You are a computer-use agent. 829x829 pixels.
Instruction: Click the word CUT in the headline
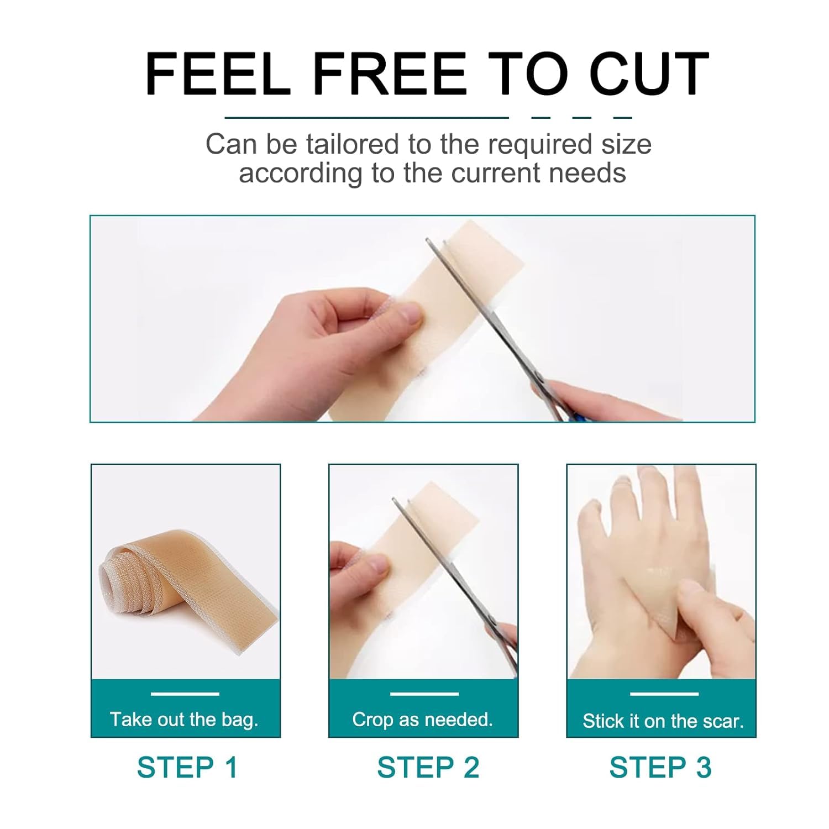pyautogui.click(x=649, y=74)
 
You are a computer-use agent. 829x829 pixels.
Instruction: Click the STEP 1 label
pyautogui.click(x=187, y=767)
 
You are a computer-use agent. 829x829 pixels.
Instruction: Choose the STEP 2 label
pyautogui.click(x=428, y=767)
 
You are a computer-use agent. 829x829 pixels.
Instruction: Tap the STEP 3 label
pyautogui.click(x=660, y=767)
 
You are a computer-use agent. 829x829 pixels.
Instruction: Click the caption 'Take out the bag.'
pyautogui.click(x=184, y=719)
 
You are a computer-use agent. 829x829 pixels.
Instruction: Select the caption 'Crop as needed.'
pyautogui.click(x=422, y=719)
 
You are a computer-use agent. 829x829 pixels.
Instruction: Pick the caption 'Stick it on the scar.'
pyautogui.click(x=663, y=721)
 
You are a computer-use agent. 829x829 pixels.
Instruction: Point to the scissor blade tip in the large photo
pyautogui.click(x=428, y=239)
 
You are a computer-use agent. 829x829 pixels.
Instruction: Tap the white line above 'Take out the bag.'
pyautogui.click(x=185, y=694)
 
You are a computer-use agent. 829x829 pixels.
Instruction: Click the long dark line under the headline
pyautogui.click(x=366, y=117)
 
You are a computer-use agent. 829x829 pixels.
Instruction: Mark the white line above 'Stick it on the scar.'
pyautogui.click(x=664, y=694)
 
